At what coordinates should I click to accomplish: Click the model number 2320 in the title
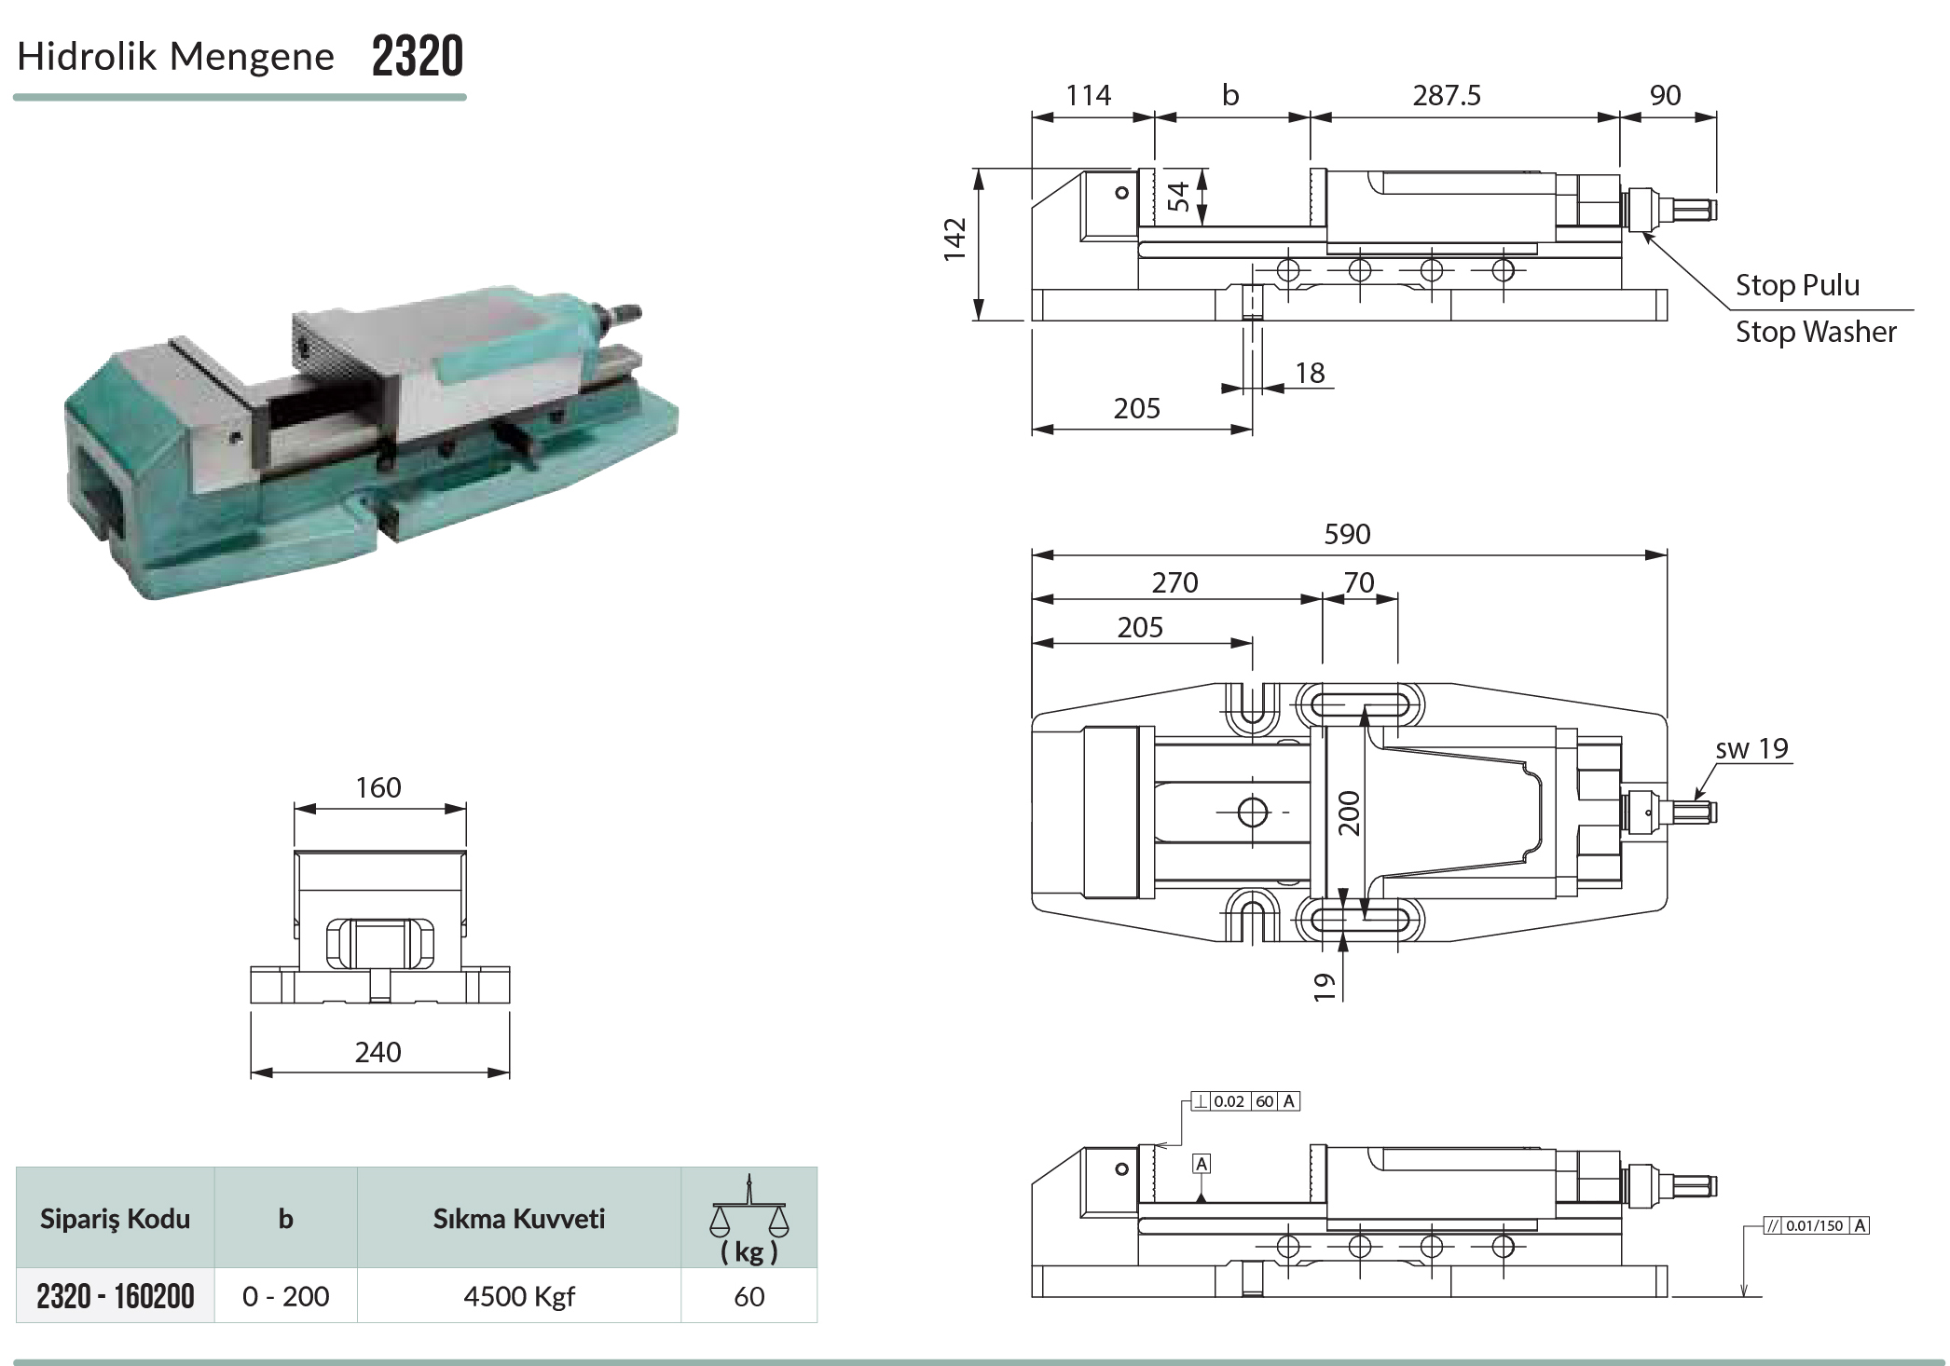[418, 56]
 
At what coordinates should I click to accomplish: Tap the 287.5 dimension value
[1447, 95]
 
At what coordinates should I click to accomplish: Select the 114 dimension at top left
[1089, 95]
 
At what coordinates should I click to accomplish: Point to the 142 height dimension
[954, 239]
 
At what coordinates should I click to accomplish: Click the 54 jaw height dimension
[1178, 197]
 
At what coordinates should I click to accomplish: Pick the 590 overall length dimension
[1347, 534]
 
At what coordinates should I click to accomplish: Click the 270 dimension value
[1174, 582]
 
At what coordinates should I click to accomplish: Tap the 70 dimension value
[1359, 582]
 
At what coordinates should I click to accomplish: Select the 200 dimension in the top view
[1349, 813]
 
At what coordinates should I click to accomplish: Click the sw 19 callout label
[1752, 748]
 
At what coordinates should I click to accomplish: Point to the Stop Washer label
[1816, 332]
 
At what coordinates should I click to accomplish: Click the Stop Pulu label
[1797, 285]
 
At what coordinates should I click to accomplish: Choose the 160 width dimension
[378, 787]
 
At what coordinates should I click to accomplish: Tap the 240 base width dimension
[378, 1052]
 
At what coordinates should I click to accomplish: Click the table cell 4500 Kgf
[519, 1296]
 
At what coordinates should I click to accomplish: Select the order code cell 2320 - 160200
[116, 1296]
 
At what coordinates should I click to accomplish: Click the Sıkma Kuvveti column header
[519, 1219]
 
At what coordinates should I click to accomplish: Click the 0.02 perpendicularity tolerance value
[1229, 1101]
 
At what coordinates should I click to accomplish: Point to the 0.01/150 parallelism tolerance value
[1815, 1225]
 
